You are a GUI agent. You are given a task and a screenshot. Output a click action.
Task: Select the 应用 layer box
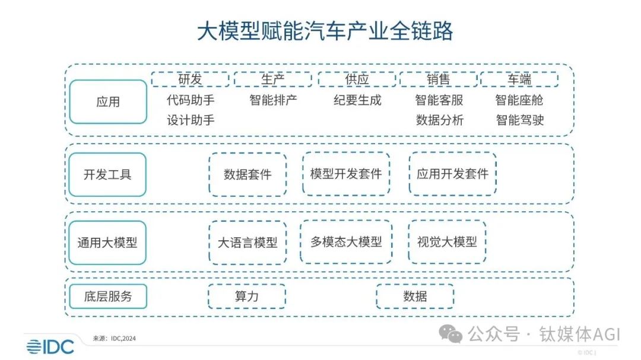(108, 102)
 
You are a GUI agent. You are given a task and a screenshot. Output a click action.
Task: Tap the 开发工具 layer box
(108, 174)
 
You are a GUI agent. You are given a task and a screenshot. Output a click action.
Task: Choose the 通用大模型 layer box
(108, 243)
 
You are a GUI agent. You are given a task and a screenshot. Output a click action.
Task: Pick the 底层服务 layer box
(108, 296)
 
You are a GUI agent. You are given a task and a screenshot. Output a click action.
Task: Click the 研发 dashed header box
(190, 79)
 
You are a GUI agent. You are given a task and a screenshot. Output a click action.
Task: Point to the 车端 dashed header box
(519, 79)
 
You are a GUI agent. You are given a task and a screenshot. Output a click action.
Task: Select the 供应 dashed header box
(357, 79)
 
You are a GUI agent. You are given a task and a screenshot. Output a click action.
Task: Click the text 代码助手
(191, 100)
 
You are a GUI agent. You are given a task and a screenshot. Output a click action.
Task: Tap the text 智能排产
(273, 100)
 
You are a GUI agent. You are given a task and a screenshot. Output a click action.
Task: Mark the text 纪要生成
(357, 100)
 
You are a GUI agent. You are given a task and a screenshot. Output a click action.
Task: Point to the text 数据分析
(439, 120)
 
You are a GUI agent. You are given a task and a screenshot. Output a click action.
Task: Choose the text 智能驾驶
(519, 120)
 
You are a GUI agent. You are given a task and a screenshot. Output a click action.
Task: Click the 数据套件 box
(247, 174)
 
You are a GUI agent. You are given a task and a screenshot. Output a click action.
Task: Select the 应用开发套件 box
(452, 174)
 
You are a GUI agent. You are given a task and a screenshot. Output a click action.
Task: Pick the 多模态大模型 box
(346, 242)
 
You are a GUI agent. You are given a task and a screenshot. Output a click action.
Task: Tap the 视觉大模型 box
(447, 242)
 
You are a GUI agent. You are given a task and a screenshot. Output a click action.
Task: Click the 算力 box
(246, 296)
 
